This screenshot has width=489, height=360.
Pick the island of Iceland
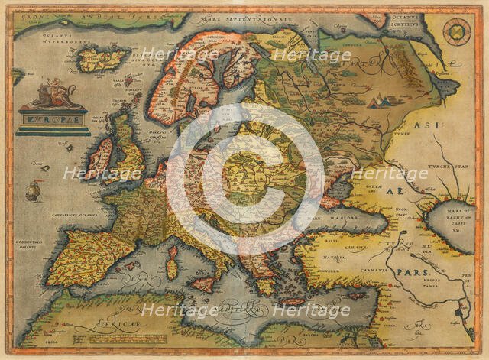(105, 59)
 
